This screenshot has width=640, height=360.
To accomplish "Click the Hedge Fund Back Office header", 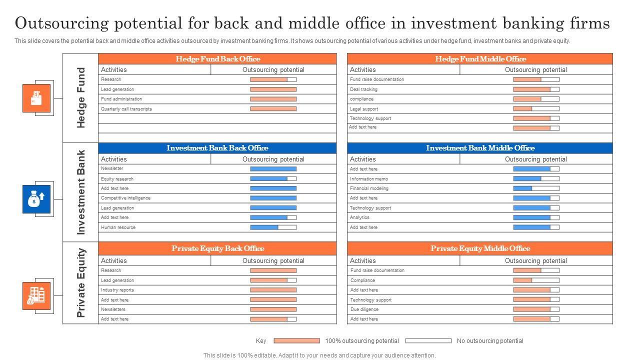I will [217, 59].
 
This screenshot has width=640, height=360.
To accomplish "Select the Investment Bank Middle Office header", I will [480, 148].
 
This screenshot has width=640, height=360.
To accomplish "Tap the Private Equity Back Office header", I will [217, 248].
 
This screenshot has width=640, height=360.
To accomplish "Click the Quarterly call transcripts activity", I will [126, 109].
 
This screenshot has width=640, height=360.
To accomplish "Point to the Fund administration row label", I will [121, 99].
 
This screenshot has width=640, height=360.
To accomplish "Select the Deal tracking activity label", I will [363, 89].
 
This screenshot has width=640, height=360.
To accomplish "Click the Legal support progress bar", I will [536, 108].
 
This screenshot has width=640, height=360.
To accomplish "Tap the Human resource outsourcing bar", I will [273, 227].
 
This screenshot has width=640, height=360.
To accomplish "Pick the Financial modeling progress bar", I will [536, 188].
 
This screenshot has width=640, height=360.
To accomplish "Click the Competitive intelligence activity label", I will [125, 198].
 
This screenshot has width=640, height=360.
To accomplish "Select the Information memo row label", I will [369, 179].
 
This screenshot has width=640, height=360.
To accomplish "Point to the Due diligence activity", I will [364, 309].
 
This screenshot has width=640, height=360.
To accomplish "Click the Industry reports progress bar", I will [273, 290].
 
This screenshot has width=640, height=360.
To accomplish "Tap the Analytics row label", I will [360, 217].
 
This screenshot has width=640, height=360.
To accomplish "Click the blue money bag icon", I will [36, 199].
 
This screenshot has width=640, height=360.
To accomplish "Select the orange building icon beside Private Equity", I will [36, 295].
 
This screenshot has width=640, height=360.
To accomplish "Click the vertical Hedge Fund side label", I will [81, 98].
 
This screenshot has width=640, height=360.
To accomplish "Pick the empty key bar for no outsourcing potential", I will [428, 341].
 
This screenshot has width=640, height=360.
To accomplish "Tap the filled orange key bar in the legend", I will [296, 341].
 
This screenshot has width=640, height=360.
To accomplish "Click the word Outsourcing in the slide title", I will [59, 23].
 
